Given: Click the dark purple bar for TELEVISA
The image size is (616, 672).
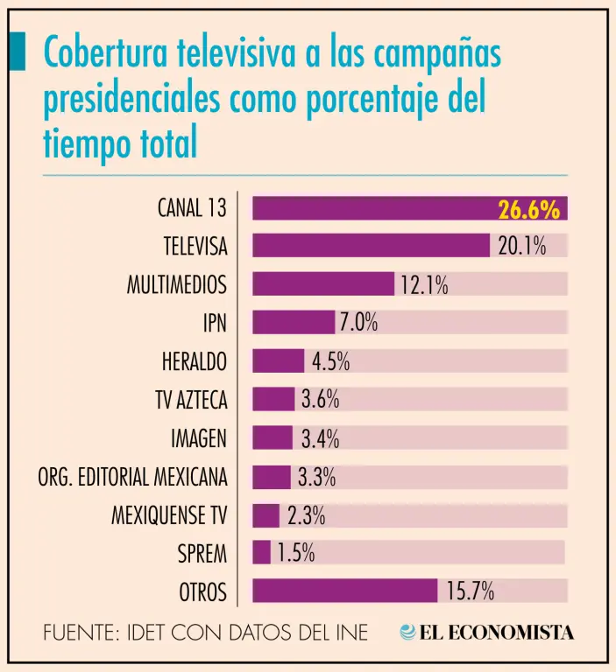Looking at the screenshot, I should (371, 246).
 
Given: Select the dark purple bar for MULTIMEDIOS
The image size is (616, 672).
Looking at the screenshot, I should (323, 284).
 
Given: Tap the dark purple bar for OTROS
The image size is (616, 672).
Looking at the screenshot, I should (344, 591).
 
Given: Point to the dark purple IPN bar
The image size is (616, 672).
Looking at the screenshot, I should (294, 323).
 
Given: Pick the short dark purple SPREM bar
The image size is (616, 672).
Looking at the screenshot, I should (261, 553).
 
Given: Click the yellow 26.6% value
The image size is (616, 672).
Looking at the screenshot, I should (528, 209).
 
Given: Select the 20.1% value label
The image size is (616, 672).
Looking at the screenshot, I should (522, 247).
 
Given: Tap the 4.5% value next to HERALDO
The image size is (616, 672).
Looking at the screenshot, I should (330, 361).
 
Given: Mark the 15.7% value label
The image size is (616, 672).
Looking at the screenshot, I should (470, 592).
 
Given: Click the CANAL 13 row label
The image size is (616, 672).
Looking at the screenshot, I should (192, 208).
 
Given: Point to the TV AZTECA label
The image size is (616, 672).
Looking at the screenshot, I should (191, 400).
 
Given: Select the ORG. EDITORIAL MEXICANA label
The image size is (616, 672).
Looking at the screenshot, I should (132, 477).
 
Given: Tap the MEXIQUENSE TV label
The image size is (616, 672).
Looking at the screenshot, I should (169, 515).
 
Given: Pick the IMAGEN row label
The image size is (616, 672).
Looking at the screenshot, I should (199, 438).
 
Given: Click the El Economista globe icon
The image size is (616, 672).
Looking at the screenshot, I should (408, 632).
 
